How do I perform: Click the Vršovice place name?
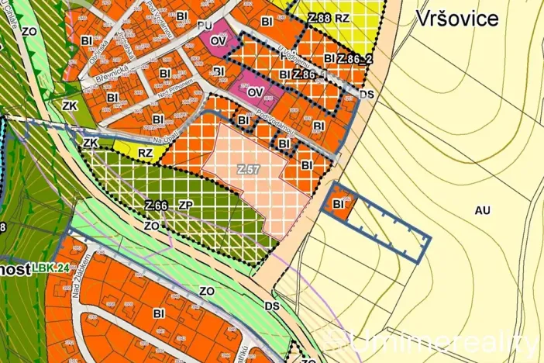coord(457,19)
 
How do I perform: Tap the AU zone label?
coord(483,210)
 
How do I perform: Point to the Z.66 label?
coord(157,206)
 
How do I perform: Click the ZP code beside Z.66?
coord(185,206)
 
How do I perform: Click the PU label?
coord(205,26)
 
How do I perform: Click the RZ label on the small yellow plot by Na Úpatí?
coord(146,153)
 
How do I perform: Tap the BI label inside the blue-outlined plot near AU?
coord(338,204)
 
